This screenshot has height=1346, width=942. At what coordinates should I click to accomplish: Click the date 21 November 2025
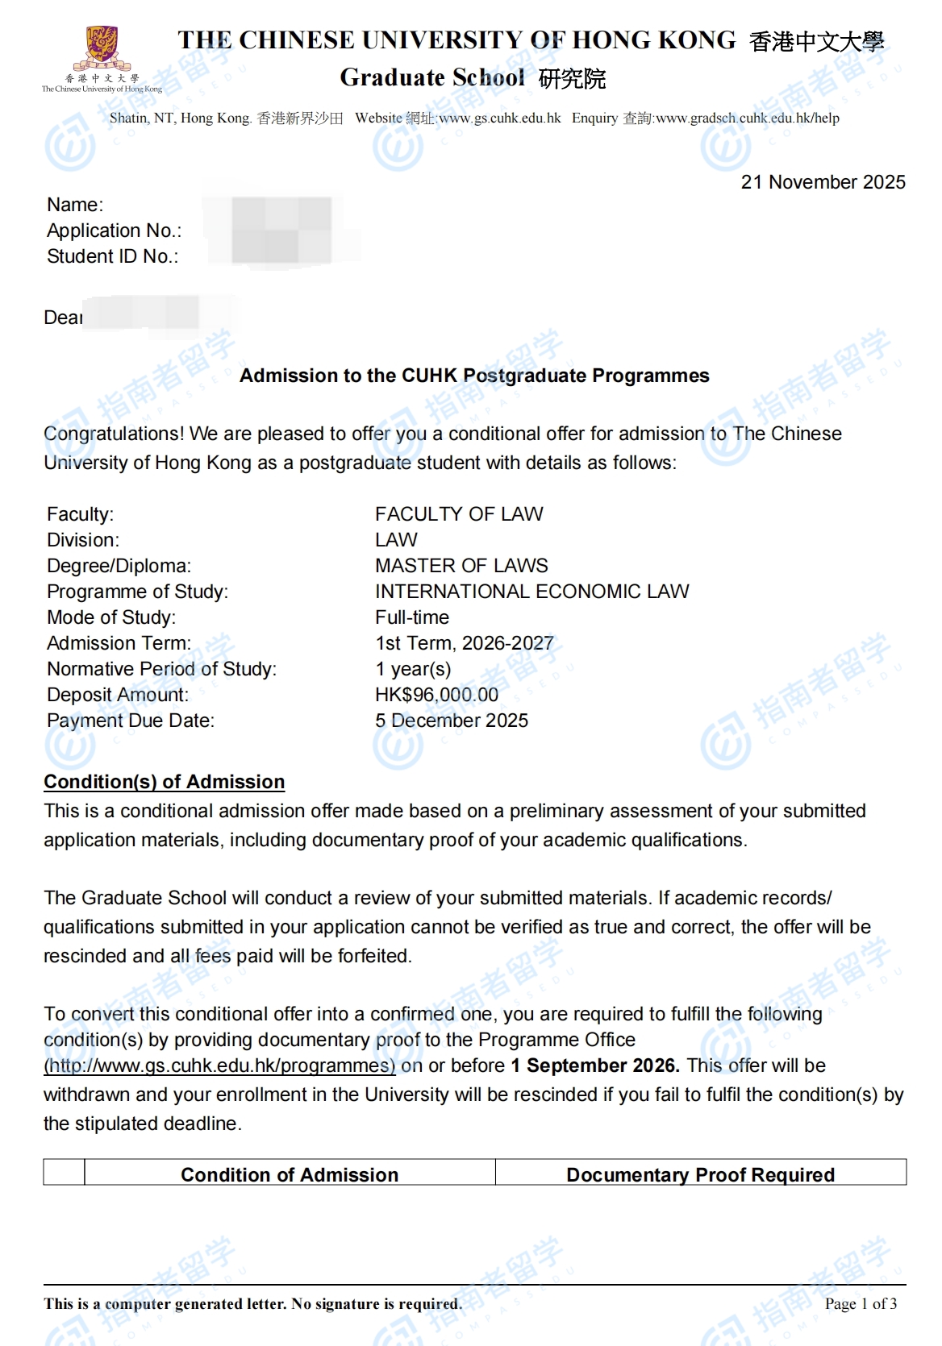[x=823, y=182]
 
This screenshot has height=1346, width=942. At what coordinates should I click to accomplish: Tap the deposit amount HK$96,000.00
[x=436, y=695]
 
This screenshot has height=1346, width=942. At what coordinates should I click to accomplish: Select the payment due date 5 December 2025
[x=451, y=721]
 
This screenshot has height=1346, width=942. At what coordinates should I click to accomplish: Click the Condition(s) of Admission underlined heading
[x=164, y=782]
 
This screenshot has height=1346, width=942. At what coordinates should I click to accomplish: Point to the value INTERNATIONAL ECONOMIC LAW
[x=531, y=592]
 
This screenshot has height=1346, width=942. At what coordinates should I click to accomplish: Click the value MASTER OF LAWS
[x=461, y=566]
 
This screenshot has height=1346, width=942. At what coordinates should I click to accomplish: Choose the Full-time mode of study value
[x=412, y=617]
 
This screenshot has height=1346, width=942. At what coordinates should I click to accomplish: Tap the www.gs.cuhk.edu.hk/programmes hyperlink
[x=219, y=1066]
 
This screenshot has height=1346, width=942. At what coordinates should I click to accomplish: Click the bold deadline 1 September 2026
[x=594, y=1066]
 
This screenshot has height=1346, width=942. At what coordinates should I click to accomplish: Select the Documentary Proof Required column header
[x=700, y=1174]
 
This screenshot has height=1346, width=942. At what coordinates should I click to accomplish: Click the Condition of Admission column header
[x=290, y=1174]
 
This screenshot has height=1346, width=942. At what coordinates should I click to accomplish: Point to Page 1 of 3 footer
[x=861, y=1303]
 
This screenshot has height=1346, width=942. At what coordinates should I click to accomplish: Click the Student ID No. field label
[x=112, y=256]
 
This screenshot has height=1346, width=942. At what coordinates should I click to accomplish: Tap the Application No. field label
[x=114, y=231]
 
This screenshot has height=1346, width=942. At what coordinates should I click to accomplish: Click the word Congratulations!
[x=114, y=434]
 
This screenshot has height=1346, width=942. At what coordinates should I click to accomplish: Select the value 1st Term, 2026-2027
[x=464, y=643]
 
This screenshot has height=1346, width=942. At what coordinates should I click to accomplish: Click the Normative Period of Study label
[x=161, y=669]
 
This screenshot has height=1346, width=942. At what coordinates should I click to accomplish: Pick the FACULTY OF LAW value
[x=459, y=514]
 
